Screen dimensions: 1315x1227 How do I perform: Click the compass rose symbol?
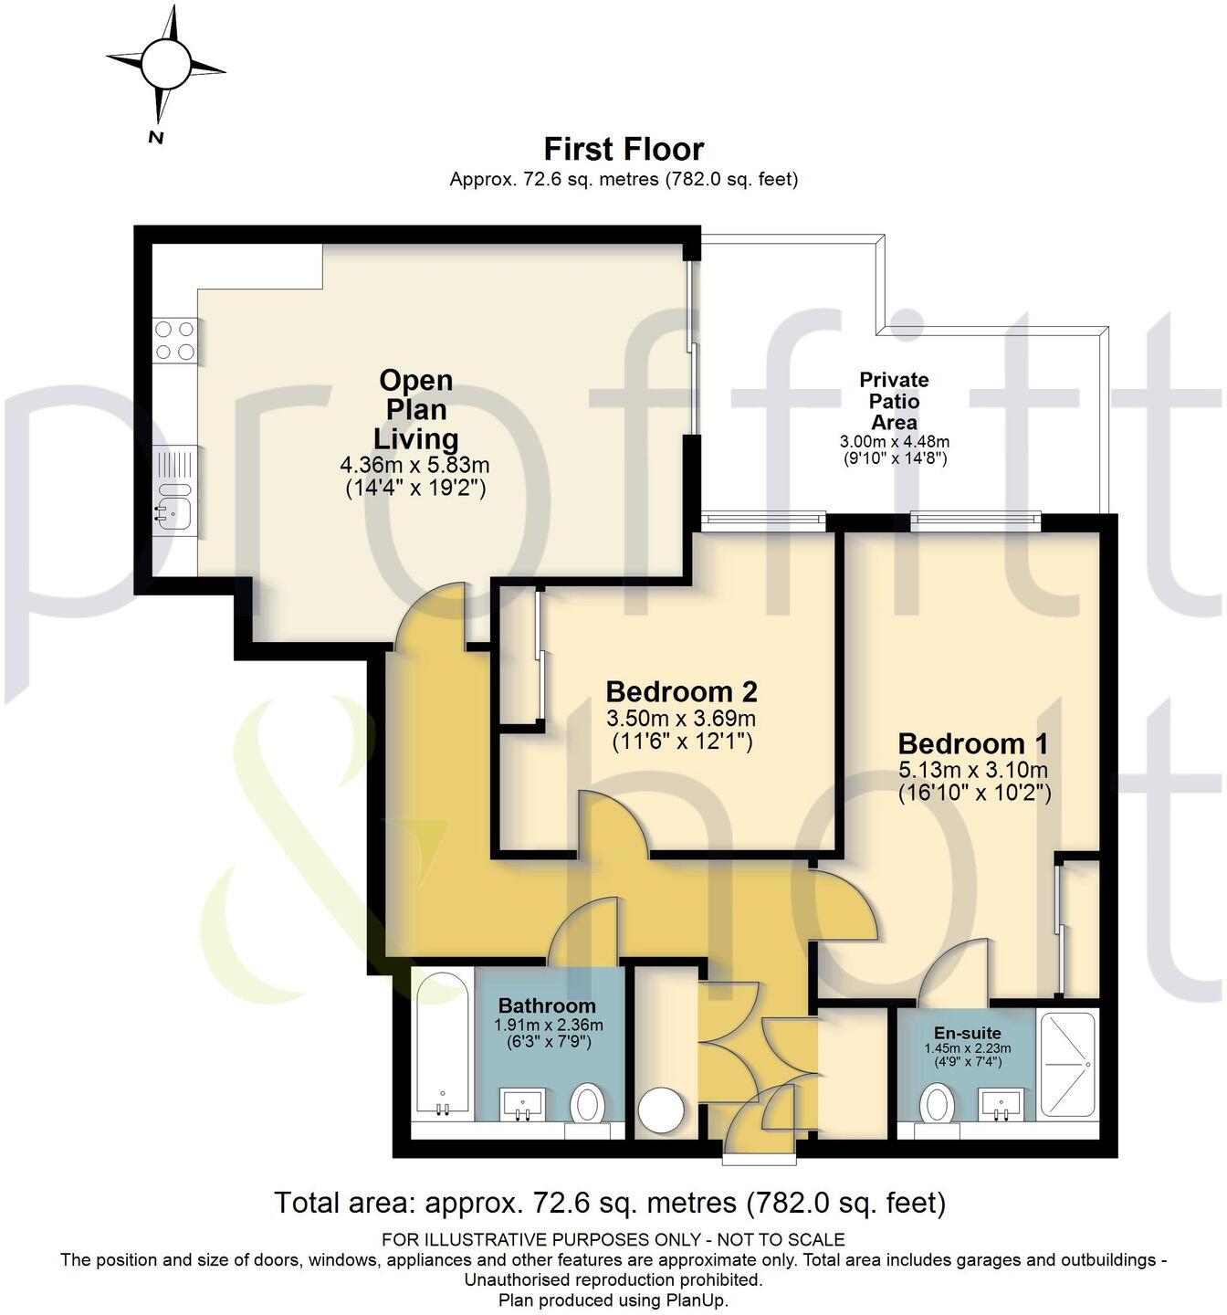(x=165, y=65)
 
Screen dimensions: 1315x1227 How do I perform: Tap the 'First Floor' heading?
(x=624, y=149)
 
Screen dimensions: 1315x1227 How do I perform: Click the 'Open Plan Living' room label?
(x=416, y=409)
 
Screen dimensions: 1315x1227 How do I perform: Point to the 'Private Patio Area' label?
(x=894, y=401)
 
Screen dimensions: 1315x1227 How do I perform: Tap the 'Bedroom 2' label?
(x=681, y=691)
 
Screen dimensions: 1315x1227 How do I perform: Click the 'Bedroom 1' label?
(x=974, y=743)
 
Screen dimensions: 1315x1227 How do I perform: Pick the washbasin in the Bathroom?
(x=523, y=1104)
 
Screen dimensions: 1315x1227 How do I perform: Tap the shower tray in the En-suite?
(x=1067, y=1065)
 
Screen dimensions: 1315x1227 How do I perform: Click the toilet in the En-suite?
(x=937, y=1104)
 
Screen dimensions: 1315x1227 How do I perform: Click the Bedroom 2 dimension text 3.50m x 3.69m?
(x=681, y=718)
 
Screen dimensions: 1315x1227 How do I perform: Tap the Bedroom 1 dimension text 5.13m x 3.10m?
(x=974, y=769)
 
